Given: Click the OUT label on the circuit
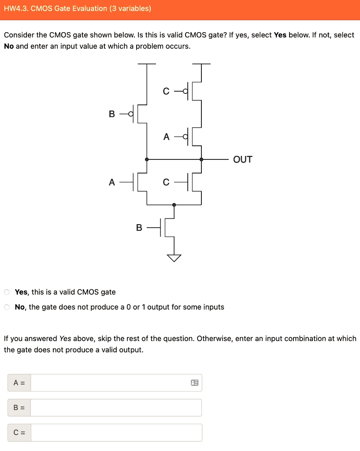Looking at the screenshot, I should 243,159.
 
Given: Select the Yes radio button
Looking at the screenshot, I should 7,292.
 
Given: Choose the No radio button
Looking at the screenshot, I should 7,307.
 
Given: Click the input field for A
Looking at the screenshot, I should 110,383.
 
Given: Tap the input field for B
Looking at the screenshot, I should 116,408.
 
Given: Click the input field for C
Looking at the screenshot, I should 116,433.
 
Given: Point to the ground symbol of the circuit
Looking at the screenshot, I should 174,258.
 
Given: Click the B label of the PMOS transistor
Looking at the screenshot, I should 112,114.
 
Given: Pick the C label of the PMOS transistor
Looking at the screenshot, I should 166,91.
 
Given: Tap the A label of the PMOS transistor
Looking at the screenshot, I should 166,137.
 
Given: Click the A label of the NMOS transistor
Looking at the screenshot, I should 112,181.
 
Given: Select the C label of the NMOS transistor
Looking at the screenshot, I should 166,182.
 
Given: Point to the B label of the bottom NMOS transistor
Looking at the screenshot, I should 139,228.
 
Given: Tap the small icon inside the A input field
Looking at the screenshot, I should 194,383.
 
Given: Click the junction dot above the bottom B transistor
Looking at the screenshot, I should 174,205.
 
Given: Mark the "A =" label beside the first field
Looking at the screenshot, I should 19,383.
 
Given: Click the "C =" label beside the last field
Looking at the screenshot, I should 19,433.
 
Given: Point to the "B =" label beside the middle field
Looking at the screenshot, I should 19,408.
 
